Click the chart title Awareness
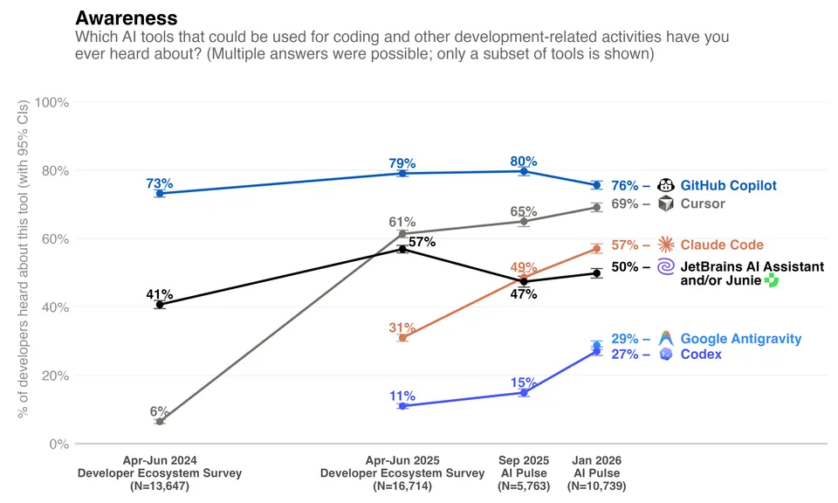pyautogui.click(x=127, y=17)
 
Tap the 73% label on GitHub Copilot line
pyautogui.click(x=160, y=183)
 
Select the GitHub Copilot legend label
pyautogui.click(x=728, y=185)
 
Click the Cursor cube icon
pyautogui.click(x=666, y=203)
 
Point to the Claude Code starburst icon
pyautogui.click(x=666, y=245)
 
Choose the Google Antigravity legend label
pyautogui.click(x=740, y=339)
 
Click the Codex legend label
pyautogui.click(x=701, y=355)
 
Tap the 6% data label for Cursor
pyautogui.click(x=159, y=411)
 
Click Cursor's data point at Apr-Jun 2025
pyautogui.click(x=402, y=234)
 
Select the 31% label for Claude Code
pyautogui.click(x=401, y=327)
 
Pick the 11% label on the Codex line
pyautogui.click(x=402, y=396)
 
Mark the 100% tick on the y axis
pyautogui.click(x=52, y=102)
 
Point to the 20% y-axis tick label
pyautogui.click(x=54, y=376)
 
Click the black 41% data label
pyautogui.click(x=159, y=294)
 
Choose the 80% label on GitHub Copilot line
pyautogui.click(x=524, y=162)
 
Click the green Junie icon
pyautogui.click(x=771, y=281)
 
